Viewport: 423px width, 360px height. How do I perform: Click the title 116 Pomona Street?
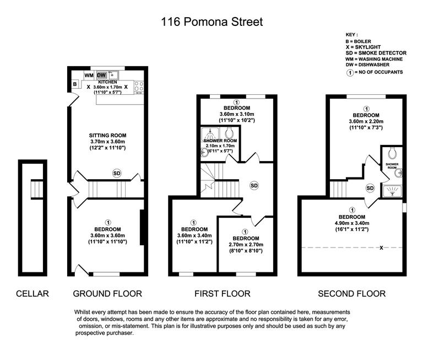(211, 22)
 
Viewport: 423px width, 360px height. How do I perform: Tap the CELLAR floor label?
(32, 293)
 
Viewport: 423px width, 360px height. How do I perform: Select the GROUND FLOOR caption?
(107, 293)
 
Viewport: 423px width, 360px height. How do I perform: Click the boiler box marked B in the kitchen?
(74, 84)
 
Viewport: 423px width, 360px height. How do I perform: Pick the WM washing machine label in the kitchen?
(89, 75)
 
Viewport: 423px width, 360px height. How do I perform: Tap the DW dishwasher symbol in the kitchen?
(102, 75)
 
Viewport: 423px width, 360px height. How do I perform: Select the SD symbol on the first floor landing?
(254, 186)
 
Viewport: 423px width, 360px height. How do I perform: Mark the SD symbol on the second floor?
(370, 189)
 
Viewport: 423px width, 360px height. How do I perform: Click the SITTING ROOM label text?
(108, 135)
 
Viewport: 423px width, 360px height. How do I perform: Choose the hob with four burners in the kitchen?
(139, 87)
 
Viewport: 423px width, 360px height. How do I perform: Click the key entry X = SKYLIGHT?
(362, 47)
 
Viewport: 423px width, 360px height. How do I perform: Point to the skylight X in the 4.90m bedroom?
(381, 248)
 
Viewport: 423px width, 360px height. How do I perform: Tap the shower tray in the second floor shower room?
(392, 191)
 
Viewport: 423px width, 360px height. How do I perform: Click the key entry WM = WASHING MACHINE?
(374, 59)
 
